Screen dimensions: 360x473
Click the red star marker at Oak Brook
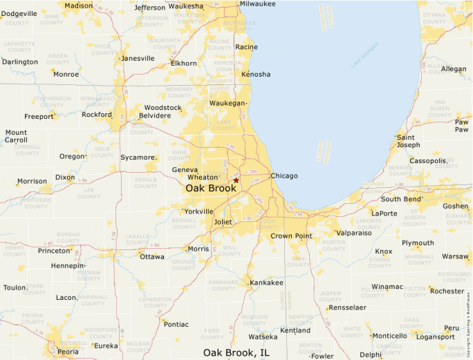click(236, 180)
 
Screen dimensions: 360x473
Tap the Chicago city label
click(284, 176)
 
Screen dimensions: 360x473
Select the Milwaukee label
click(258, 4)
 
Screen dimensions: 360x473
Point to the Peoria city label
click(68, 352)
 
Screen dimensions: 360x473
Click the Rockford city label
click(97, 115)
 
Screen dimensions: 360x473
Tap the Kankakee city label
click(267, 283)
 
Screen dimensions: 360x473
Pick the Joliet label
click(223, 222)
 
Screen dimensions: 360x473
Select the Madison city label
click(78, 6)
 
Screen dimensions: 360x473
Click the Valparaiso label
click(354, 234)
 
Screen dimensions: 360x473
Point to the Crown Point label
click(292, 236)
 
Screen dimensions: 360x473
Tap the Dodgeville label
click(19, 14)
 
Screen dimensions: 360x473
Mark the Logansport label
click(436, 337)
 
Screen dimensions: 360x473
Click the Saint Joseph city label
click(408, 141)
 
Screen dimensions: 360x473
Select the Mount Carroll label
click(16, 136)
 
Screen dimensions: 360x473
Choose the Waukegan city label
click(228, 103)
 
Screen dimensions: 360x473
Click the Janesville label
click(138, 59)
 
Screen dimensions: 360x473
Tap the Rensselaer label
click(347, 307)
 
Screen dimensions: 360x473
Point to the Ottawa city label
click(152, 257)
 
